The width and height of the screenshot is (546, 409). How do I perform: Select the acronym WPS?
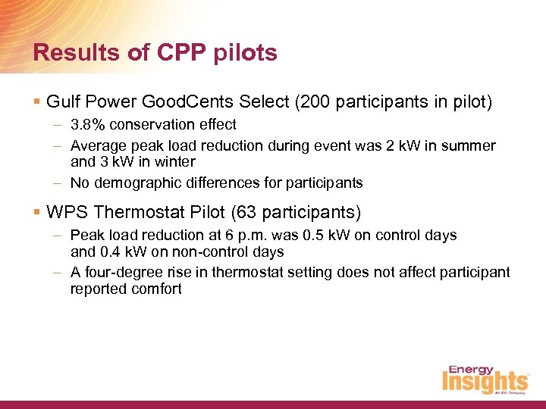pyautogui.click(x=64, y=212)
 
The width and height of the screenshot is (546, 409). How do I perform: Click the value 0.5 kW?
pyautogui.click(x=302, y=236)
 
